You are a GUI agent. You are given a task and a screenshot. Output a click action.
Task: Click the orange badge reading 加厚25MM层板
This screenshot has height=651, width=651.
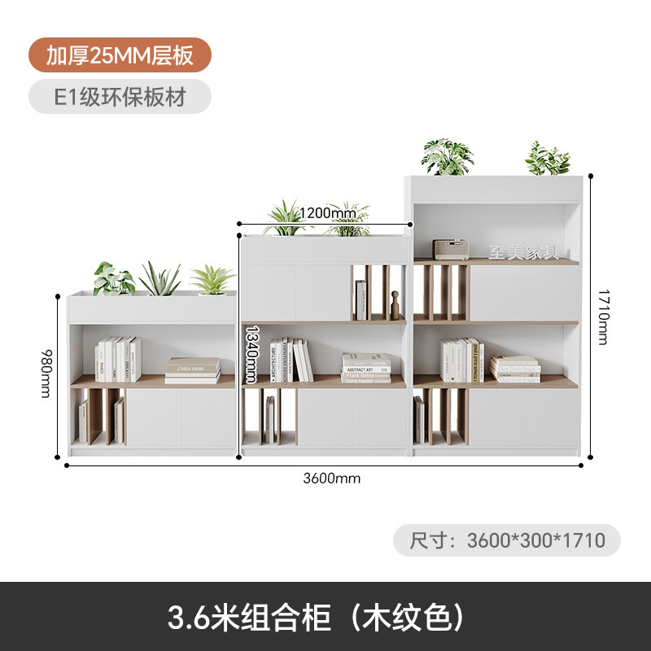coord(120,55)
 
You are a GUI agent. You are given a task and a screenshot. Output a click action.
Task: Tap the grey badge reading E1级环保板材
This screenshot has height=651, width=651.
coord(120,97)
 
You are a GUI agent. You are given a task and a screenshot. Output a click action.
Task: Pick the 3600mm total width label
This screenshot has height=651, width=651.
coord(331,478)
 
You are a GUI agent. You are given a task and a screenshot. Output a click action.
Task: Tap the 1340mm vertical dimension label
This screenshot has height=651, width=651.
coord(252,353)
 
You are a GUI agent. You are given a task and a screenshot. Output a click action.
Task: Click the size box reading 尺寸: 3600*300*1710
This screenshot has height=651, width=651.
coord(506,540)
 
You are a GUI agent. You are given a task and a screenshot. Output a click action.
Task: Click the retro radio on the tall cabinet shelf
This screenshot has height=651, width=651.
coord(449,248)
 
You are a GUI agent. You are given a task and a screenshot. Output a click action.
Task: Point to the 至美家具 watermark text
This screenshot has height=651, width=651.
coord(523,251)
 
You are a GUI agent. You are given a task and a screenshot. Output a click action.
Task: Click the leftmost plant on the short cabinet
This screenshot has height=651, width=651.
coord(112,278)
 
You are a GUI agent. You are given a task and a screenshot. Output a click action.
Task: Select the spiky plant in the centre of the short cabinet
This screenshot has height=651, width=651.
coord(159,279)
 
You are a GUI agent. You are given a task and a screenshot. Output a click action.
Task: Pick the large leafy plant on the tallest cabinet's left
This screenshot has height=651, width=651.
coord(447,157)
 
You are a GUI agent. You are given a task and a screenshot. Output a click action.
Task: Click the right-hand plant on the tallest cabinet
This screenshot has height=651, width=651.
coord(547,159)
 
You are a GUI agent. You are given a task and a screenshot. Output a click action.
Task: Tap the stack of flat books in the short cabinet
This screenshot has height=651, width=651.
coord(193,370)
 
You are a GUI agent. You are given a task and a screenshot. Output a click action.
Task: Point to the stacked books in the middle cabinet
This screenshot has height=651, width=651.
coord(366,368)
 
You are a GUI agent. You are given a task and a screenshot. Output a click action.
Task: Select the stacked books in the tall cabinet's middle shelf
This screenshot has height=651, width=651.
coord(515,369)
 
